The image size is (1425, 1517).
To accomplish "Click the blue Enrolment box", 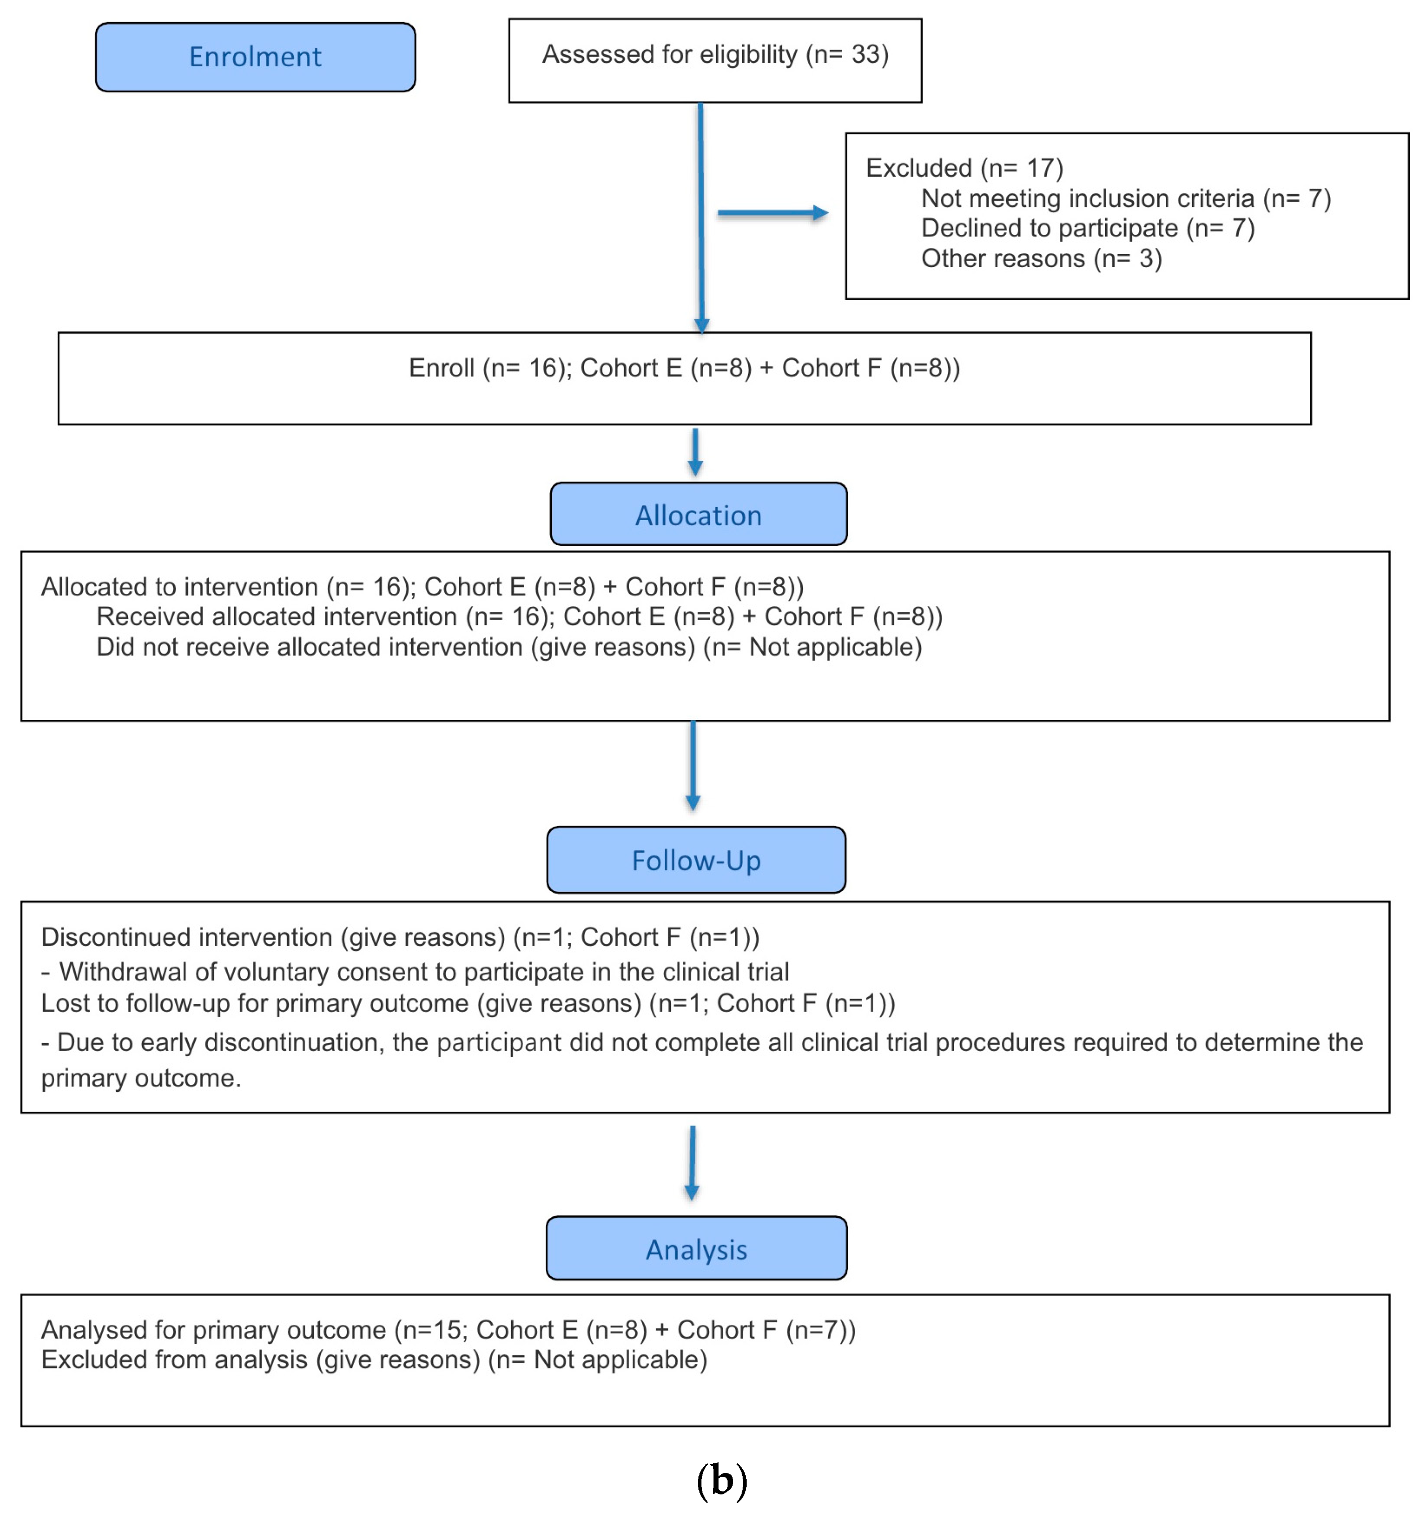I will point(255,57).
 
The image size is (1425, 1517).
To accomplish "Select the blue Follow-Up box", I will point(695,859).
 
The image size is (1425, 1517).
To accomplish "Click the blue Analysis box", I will point(695,1248).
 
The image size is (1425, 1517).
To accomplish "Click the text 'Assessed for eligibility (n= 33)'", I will point(715,55).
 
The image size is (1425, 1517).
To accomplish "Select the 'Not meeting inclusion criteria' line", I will point(1125,198).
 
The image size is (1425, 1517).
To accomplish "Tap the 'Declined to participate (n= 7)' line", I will point(1087,228).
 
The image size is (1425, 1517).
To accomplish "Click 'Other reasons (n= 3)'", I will point(1040,259).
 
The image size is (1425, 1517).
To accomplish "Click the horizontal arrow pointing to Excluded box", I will point(771,213).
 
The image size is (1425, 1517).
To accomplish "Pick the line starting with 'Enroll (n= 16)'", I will point(684,368).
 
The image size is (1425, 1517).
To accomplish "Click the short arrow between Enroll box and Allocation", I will point(694,452).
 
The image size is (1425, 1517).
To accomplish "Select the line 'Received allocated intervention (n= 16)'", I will point(519,616).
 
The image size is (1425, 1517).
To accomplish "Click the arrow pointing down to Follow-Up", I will point(692,766).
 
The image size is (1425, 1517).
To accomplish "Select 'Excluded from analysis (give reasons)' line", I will point(374,1360).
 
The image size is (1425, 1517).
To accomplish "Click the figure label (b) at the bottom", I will point(721,1480).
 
